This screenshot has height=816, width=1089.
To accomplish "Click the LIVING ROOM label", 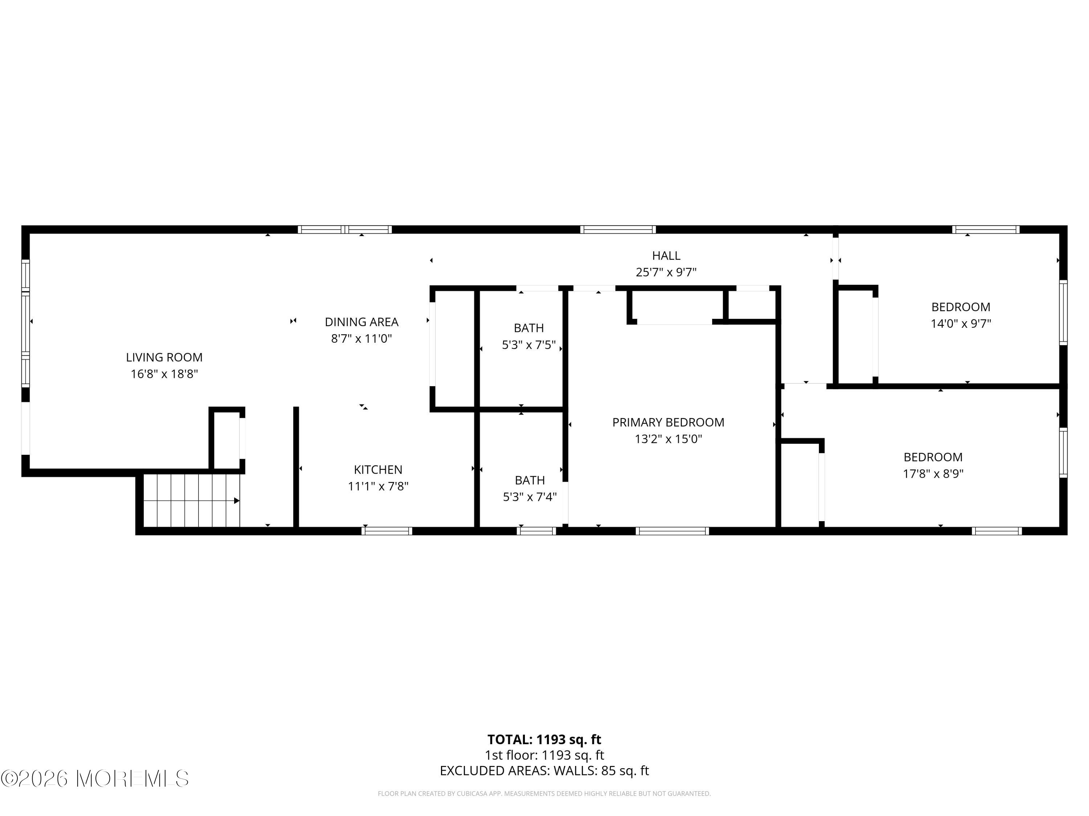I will point(164,357).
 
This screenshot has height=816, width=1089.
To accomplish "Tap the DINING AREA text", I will point(361,322).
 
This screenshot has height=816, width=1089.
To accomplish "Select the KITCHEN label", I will point(378,469).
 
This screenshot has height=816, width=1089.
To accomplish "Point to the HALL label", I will point(666,255).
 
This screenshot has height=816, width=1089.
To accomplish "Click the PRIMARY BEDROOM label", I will point(668,422).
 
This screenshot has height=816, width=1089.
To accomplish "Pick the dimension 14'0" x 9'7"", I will point(960,323).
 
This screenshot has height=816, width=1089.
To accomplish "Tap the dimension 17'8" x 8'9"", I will point(933,474).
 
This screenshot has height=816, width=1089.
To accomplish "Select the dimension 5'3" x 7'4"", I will point(529,497).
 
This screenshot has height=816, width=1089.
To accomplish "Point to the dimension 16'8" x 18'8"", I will point(164,374).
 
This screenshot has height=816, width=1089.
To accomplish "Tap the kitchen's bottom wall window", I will point(387,531).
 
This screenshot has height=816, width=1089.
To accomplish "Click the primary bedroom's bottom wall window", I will point(672,531).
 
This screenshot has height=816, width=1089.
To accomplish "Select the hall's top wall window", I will point(617,229).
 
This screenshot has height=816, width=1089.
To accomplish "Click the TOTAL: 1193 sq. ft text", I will point(544,739).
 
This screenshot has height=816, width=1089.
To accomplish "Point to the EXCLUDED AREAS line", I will point(544,771).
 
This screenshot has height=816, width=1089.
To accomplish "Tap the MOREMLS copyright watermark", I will point(94,779).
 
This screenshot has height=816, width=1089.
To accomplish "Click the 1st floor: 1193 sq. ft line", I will point(544,755).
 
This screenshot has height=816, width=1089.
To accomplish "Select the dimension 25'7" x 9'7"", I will point(666,272).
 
